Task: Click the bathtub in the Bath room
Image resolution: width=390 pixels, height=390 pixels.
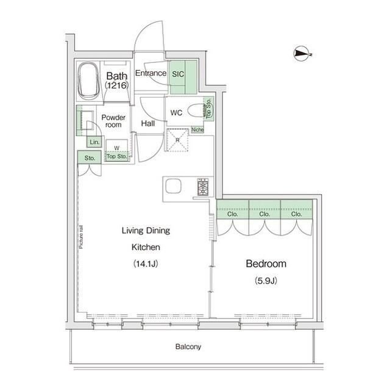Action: pos(88,81)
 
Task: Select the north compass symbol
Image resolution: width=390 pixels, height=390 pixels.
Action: pos(302,54)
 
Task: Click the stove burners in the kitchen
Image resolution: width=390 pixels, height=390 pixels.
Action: pos(203,187)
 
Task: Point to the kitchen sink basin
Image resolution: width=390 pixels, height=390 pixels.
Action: pos(173,186)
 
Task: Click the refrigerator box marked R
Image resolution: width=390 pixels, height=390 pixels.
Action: pos(177,140)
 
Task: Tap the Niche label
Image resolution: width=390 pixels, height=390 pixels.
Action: pos(197,130)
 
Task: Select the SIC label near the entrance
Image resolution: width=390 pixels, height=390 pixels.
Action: pos(178,74)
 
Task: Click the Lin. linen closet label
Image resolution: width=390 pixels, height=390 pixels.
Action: pos(94,142)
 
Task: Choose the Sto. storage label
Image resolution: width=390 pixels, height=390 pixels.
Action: pos(90,158)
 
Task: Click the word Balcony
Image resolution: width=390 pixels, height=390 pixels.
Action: pos(188,347)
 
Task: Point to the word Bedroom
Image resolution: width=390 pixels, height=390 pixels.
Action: pos(266,264)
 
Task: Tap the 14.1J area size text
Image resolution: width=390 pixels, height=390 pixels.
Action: pos(146,264)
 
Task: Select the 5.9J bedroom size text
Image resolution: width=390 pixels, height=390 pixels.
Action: pos(266,281)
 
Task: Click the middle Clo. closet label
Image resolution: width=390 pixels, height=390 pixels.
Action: pos(264,214)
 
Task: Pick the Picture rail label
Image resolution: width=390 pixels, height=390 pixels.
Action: pos(81,237)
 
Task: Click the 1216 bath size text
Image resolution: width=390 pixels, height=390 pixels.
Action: pos(116,85)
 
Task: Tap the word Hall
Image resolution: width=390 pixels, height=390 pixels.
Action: pos(148,123)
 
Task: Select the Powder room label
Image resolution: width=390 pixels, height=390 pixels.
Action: pos(113,121)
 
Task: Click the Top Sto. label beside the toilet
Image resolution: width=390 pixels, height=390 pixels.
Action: pos(208,107)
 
